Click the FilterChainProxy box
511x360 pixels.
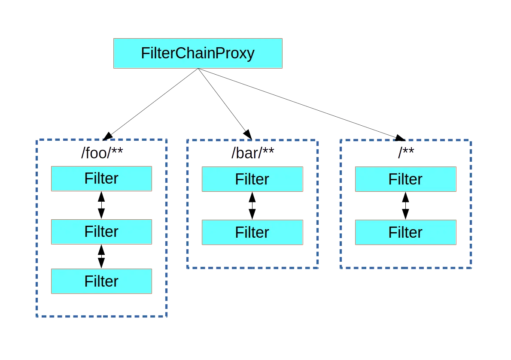click(x=198, y=53)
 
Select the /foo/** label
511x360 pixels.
click(x=102, y=153)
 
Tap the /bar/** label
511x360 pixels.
click(x=252, y=153)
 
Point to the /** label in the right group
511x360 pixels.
click(x=406, y=153)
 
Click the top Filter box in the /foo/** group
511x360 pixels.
click(x=101, y=178)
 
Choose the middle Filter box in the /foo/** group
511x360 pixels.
click(x=101, y=232)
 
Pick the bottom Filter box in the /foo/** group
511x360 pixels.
click(x=101, y=281)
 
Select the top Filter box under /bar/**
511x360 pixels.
click(x=252, y=179)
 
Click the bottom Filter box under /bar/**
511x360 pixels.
click(x=252, y=233)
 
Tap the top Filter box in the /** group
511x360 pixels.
click(x=405, y=179)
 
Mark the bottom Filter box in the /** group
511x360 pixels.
click(x=405, y=233)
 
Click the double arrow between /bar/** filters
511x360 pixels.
click(x=252, y=206)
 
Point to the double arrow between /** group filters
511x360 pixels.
click(x=405, y=206)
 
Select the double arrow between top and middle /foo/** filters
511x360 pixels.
click(x=101, y=205)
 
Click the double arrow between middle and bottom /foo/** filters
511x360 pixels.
click(x=101, y=257)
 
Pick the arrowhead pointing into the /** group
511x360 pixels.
click(x=399, y=138)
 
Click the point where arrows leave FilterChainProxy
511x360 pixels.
click(x=198, y=69)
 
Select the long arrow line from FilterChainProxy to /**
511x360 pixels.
click(x=301, y=104)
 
